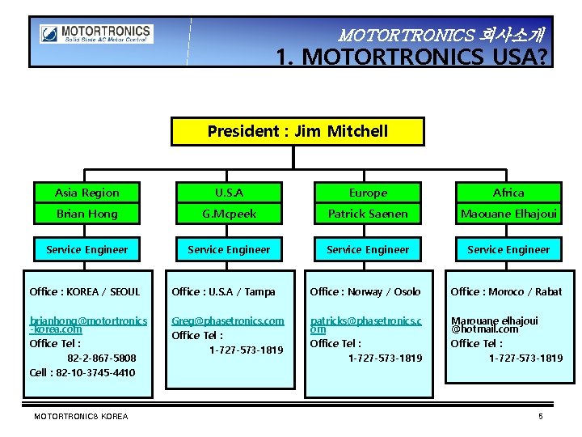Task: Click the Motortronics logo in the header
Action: (95, 35)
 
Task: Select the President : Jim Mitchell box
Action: (297, 131)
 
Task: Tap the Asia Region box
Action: (87, 193)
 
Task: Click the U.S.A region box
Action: (229, 193)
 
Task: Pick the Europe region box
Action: (368, 193)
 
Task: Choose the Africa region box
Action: (508, 193)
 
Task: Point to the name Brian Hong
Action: (87, 214)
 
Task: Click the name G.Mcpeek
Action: (229, 214)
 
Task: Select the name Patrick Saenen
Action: (368, 214)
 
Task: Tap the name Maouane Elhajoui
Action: (508, 214)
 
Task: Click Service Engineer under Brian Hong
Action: (87, 249)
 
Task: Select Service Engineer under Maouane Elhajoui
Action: (508, 249)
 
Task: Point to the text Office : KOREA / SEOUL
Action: (85, 291)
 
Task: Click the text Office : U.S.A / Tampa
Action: (224, 291)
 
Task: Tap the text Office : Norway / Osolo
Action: (365, 291)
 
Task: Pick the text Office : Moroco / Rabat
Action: (507, 291)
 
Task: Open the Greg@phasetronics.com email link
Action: (228, 320)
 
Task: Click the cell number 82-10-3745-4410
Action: (82, 372)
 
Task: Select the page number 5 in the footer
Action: (541, 416)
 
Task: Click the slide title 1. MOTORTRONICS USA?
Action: (411, 57)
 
